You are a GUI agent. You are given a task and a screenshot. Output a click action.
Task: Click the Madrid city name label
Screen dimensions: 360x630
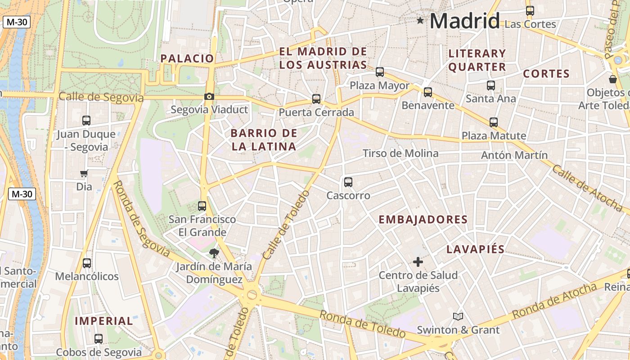[x=465, y=21]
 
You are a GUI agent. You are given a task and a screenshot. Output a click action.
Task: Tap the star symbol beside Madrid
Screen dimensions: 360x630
[x=420, y=20]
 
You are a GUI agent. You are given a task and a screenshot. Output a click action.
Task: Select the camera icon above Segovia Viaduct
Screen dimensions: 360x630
[x=209, y=96]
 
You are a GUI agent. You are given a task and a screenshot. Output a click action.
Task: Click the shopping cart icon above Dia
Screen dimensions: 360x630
[x=84, y=174]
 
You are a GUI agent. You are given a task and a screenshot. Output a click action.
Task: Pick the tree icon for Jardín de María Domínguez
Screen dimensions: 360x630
[x=214, y=253]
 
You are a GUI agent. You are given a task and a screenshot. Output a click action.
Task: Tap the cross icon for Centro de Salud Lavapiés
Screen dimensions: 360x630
[x=418, y=261]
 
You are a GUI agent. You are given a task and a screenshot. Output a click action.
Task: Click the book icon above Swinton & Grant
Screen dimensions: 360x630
[x=458, y=317]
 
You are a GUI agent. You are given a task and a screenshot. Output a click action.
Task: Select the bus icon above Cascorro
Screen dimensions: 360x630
[x=348, y=182]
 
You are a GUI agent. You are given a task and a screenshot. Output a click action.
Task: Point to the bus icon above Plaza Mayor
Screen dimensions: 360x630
[x=380, y=72]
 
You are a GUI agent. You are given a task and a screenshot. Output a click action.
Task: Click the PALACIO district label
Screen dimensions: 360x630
[x=187, y=58]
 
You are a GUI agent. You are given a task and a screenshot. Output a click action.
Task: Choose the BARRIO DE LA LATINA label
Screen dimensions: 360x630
[x=264, y=140]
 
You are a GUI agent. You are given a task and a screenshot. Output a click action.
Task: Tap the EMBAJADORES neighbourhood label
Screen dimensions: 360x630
[x=423, y=220]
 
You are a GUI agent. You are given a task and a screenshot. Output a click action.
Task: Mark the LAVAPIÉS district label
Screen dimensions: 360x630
[x=476, y=250]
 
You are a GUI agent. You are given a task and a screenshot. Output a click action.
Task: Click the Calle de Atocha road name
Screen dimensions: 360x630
[x=587, y=188]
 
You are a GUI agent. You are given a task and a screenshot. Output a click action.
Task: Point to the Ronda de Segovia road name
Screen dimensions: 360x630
[x=140, y=220]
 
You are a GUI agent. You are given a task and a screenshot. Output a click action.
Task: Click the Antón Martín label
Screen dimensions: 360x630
[x=514, y=155]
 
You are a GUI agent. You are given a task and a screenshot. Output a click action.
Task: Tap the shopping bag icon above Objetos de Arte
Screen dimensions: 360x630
[x=612, y=80]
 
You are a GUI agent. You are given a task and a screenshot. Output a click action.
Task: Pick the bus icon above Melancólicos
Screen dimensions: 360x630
[x=87, y=263]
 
